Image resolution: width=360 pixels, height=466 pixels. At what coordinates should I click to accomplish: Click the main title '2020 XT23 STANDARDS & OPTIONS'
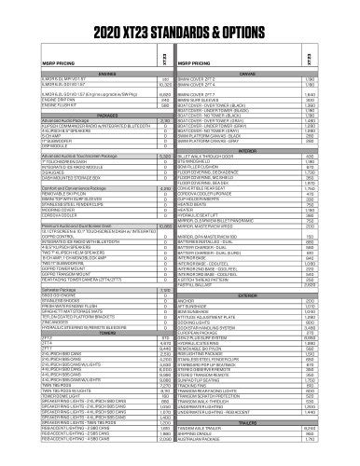179,19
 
